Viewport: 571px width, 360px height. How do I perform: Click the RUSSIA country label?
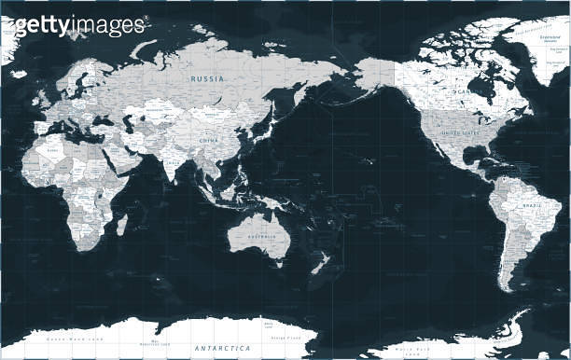[207, 79]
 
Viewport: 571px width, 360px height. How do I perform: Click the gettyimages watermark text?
[79, 25]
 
